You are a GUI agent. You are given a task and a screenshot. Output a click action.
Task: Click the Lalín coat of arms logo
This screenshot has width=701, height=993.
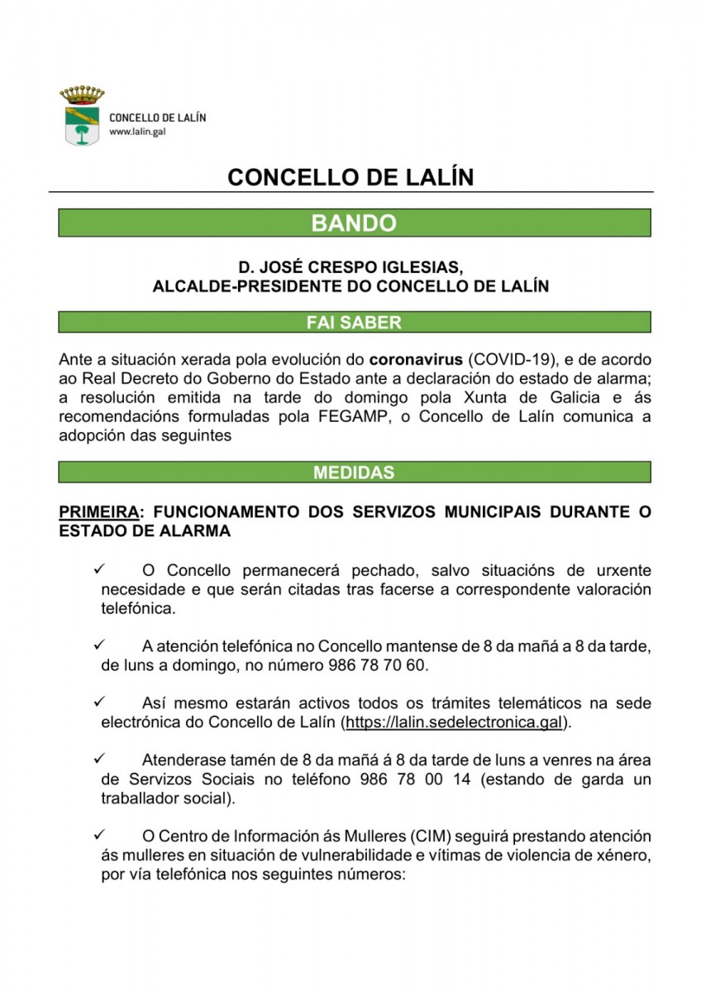tap(81, 115)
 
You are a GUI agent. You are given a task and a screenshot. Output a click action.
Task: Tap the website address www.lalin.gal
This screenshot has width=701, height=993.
tap(134, 132)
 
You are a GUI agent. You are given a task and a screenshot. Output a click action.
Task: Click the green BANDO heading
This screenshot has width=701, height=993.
tap(354, 223)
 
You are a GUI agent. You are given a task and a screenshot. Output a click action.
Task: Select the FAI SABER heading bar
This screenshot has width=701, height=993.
tap(354, 323)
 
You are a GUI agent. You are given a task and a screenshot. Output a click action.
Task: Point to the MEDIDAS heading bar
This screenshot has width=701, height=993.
tap(354, 473)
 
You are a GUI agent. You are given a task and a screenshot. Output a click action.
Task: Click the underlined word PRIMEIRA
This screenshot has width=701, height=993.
tap(98, 512)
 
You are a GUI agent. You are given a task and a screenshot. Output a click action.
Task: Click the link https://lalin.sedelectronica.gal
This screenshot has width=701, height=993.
tap(455, 722)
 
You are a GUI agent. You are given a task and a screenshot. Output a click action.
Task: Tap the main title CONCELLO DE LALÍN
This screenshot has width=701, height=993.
tap(350, 178)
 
